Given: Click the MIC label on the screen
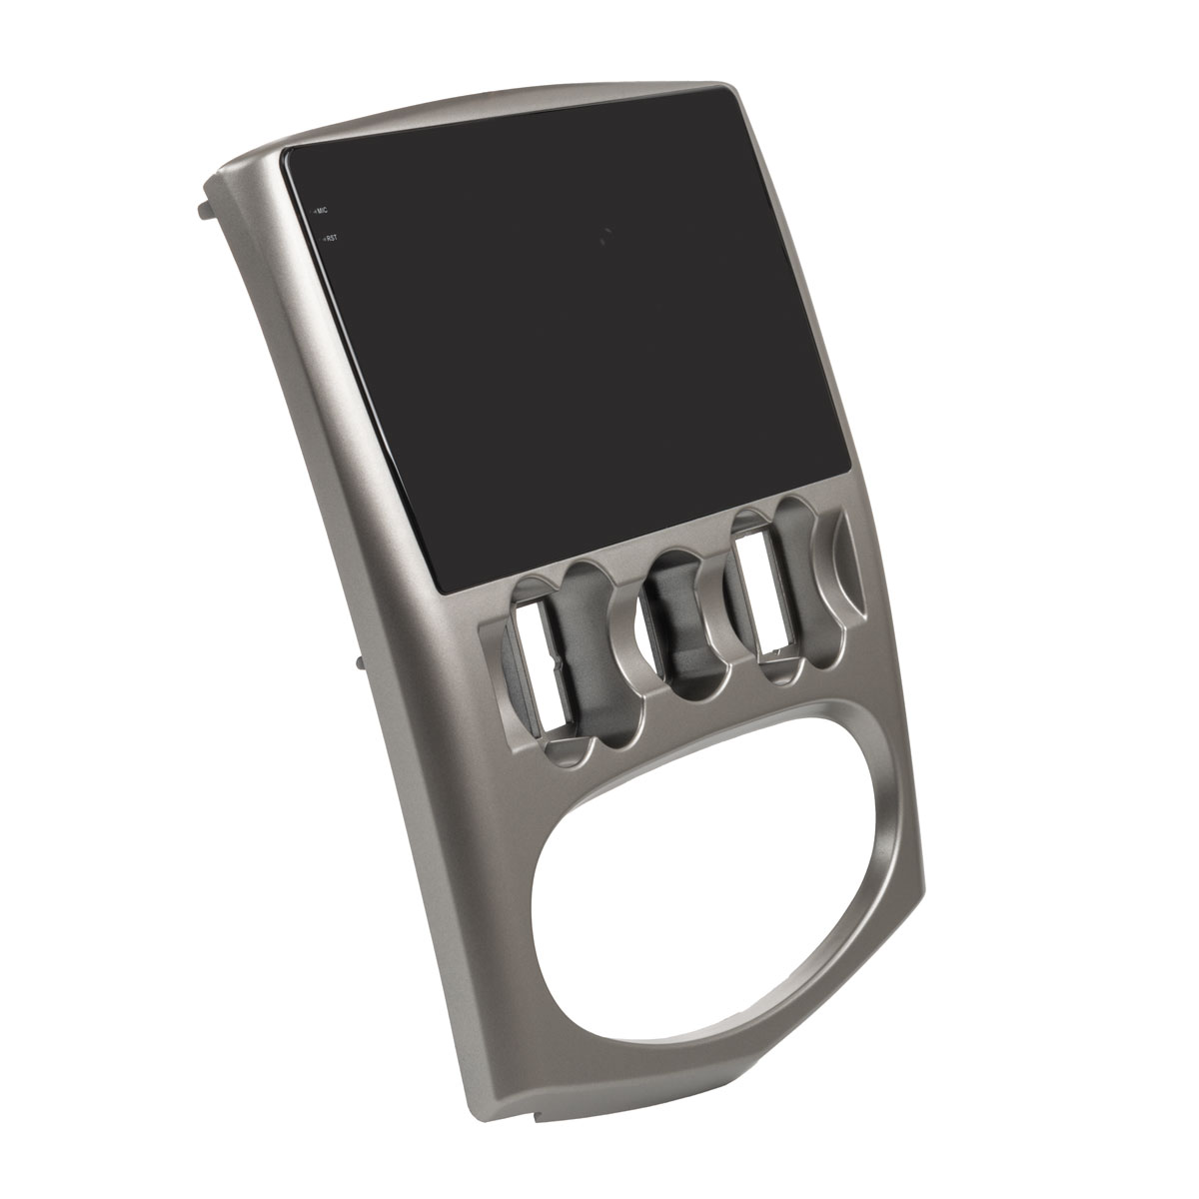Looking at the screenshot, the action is pos(322,210).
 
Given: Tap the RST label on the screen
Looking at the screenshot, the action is pos(331,237).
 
